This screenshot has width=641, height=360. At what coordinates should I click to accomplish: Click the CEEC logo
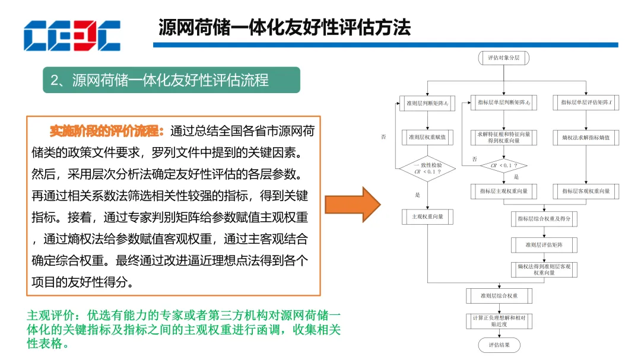coord(72,36)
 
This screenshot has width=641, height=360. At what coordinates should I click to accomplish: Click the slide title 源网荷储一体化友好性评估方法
coord(284,27)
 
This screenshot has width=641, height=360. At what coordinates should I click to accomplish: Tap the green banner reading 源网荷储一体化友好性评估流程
coord(171,80)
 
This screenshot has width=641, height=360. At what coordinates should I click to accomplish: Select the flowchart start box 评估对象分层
coord(503,58)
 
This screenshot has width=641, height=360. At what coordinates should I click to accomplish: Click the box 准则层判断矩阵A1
coord(427,103)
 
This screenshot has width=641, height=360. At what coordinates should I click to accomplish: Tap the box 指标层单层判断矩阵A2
coord(503,103)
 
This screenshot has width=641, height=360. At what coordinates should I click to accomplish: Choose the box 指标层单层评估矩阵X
coord(586,103)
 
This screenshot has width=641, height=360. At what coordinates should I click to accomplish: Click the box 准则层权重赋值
coord(427,138)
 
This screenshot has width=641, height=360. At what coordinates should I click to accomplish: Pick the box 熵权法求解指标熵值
coord(586,138)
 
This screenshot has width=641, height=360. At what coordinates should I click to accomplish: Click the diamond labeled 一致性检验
coord(427,168)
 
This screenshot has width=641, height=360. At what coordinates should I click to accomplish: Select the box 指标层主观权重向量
coord(503,191)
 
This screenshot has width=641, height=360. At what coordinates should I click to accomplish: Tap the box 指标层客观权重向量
coord(586,191)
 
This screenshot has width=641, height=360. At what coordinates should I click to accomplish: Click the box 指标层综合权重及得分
coord(544,218)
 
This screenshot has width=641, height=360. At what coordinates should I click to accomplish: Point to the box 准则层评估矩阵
coord(544,244)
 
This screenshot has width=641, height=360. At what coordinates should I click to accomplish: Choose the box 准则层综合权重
coord(499,295)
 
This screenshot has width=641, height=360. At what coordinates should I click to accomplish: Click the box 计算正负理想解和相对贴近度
coord(499,321)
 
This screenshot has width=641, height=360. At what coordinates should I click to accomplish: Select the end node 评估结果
coord(499,345)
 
